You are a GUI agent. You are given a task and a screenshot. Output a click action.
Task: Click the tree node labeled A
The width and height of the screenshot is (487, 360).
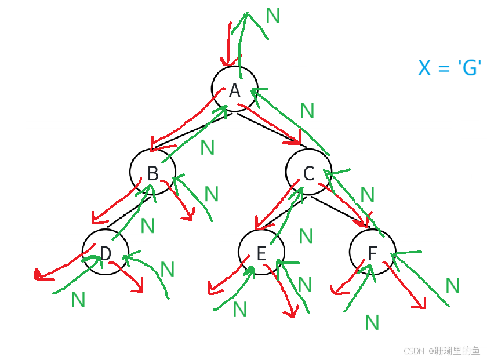(234, 90)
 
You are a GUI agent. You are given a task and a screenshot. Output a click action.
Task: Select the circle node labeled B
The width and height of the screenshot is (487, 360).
(152, 173)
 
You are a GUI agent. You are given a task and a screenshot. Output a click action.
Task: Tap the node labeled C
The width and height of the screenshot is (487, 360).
(308, 173)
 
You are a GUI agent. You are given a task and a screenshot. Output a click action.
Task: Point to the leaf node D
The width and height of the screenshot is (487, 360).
(105, 253)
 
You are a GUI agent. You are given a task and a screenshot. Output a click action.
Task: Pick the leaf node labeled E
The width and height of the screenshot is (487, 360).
(261, 253)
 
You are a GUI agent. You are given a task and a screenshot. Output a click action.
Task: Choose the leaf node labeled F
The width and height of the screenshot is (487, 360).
(372, 253)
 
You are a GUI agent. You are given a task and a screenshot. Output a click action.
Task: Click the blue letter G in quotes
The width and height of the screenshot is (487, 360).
(470, 69)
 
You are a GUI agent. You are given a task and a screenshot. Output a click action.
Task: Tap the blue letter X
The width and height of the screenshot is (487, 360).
(424, 69)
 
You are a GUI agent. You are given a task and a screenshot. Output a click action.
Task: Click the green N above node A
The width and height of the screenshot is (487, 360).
(272, 15)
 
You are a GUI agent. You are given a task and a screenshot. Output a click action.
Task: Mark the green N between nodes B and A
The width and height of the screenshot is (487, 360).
(207, 148)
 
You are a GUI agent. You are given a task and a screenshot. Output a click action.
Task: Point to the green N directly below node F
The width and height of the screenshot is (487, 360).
(372, 322)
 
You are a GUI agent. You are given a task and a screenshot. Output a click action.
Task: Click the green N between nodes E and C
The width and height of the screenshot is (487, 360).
(306, 236)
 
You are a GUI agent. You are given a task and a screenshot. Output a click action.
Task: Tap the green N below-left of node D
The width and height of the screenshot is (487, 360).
(78, 299)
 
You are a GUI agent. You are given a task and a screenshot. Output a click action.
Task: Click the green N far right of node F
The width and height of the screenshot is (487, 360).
(453, 285)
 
